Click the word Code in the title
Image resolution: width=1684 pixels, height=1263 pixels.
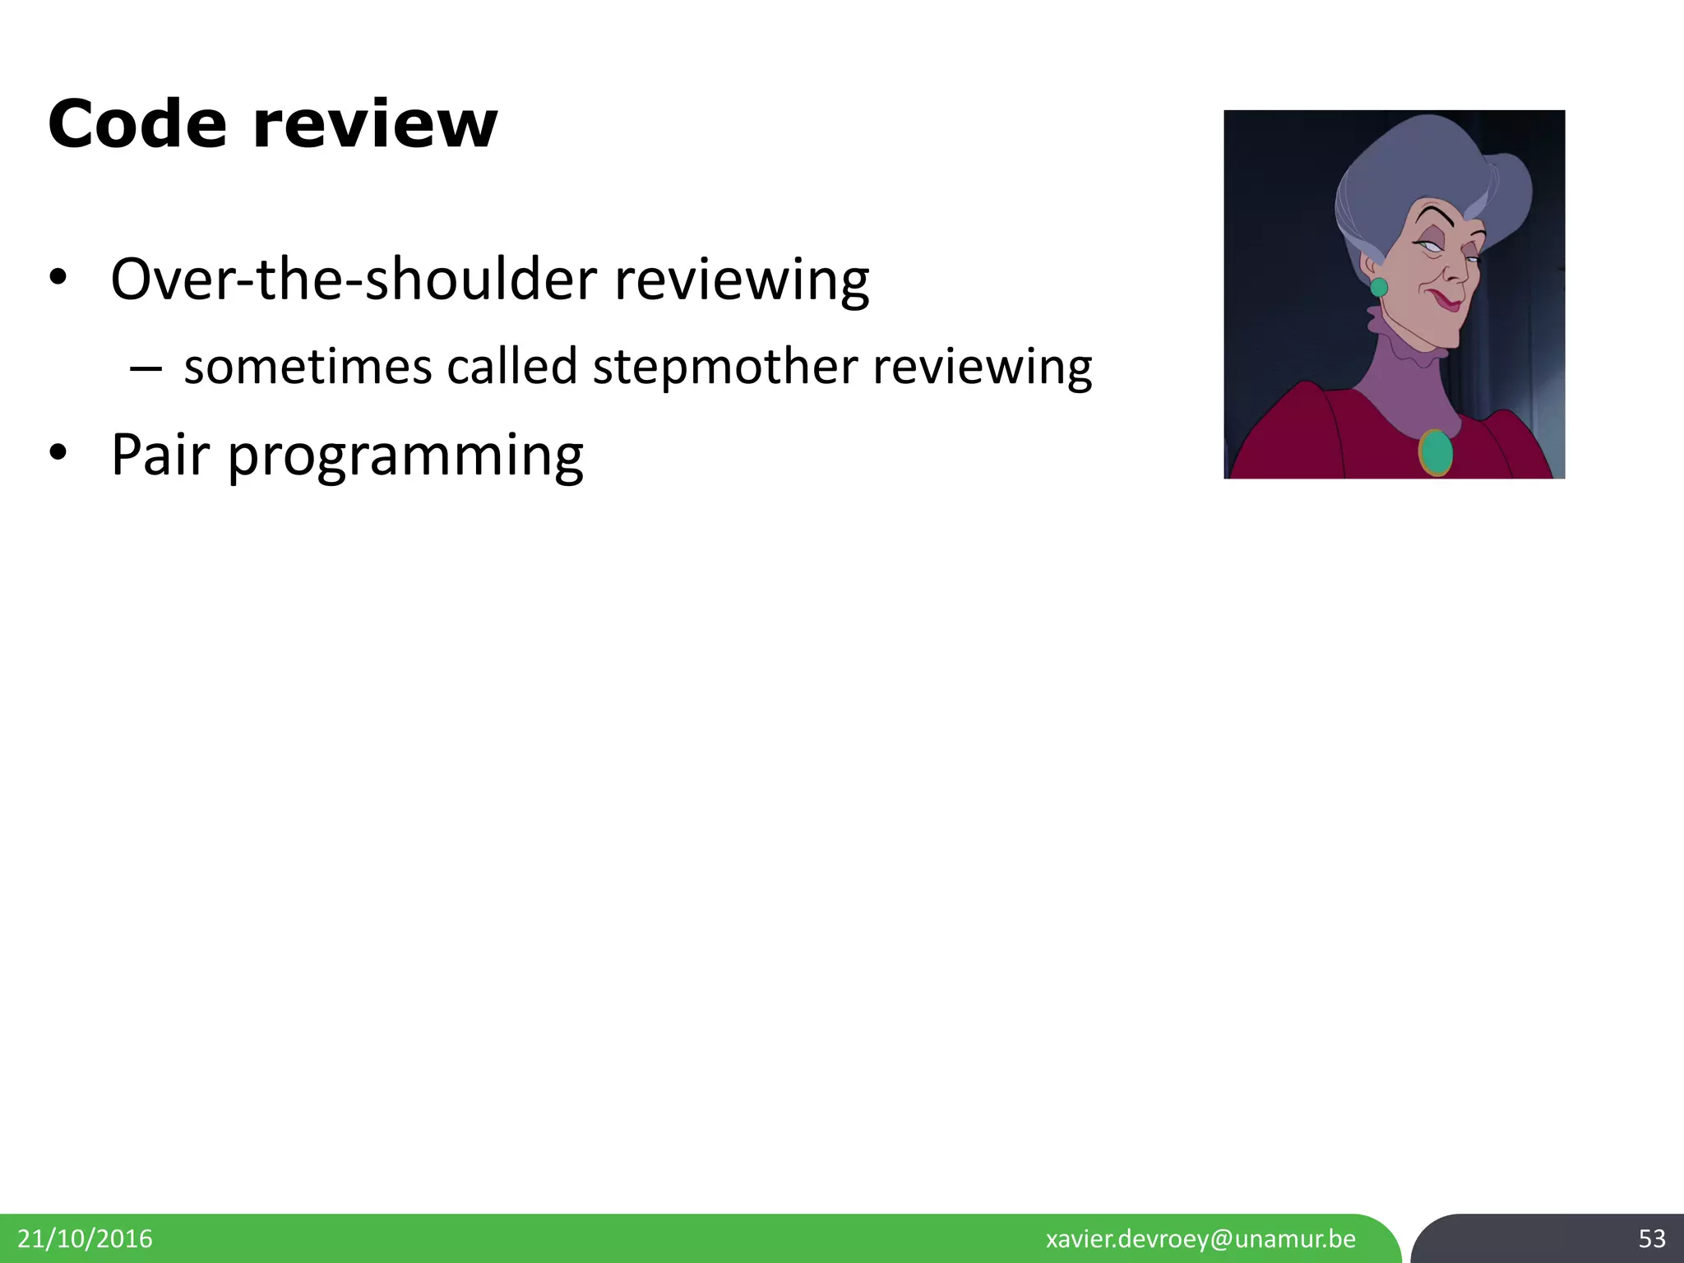136,125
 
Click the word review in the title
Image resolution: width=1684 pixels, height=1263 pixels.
374,125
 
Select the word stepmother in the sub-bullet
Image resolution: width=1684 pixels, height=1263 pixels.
724,367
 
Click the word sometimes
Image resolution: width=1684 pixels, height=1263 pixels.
308,367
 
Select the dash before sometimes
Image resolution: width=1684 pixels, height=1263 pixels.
145,368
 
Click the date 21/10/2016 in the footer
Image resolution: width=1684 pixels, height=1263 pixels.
85,1238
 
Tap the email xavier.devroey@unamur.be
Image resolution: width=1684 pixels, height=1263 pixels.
1201,1238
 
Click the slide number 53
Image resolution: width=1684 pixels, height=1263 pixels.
1651,1238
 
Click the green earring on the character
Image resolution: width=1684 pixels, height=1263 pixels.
1379,287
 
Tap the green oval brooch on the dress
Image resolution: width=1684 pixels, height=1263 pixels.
1436,452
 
